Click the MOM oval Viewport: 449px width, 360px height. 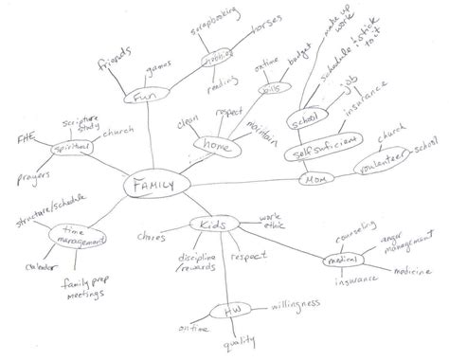[314, 178]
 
